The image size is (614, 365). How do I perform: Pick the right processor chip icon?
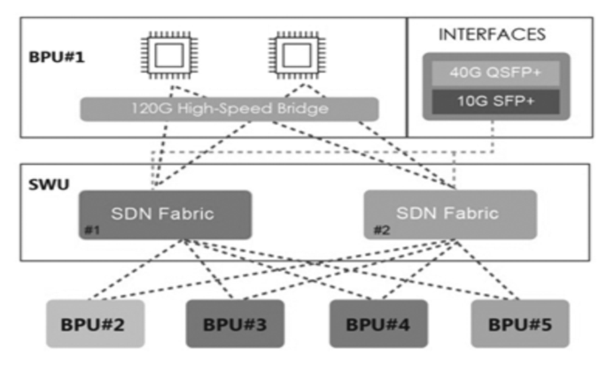coord(293,55)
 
